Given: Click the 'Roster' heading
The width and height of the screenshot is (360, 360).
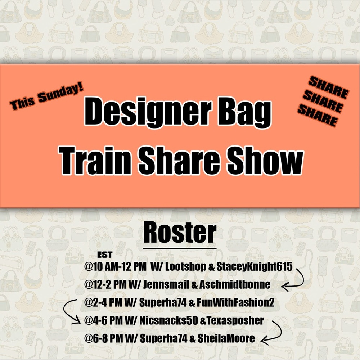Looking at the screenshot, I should (180, 233).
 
